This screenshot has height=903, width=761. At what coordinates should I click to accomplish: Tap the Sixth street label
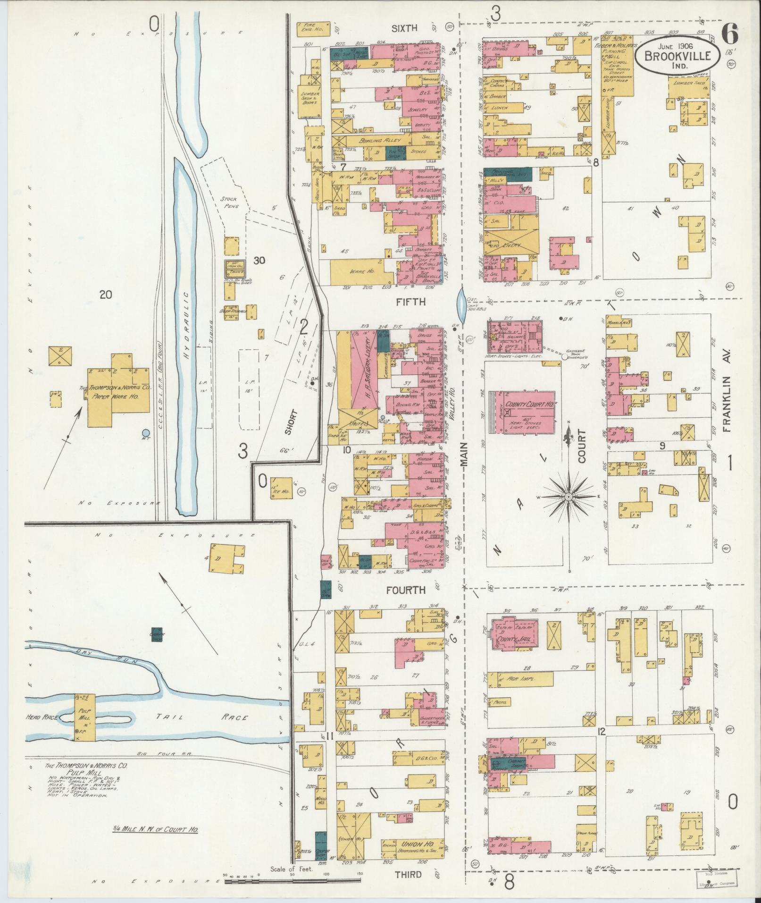(405, 28)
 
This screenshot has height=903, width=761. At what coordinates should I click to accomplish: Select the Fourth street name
(406, 590)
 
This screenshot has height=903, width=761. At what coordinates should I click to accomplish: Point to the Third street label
(409, 874)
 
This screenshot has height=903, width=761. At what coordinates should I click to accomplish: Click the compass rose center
(569, 498)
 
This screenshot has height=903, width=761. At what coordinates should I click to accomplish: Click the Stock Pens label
(228, 203)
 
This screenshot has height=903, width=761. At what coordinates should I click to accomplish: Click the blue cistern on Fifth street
(460, 305)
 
